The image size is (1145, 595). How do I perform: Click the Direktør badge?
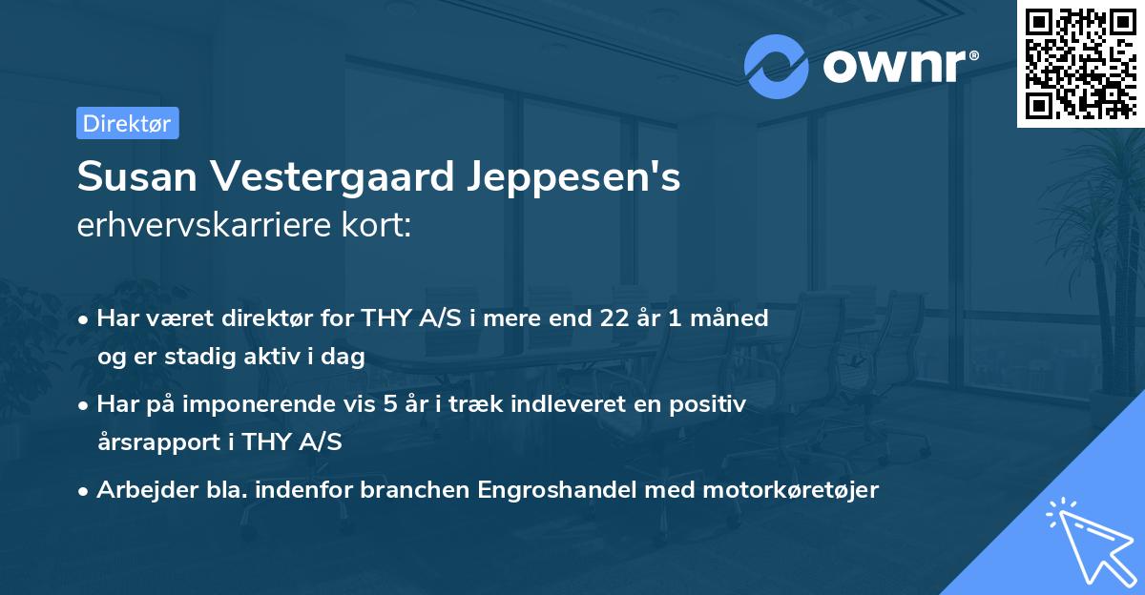[x=127, y=123]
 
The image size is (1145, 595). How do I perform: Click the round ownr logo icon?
[x=777, y=67]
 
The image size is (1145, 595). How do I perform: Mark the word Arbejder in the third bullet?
[x=138, y=490]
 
